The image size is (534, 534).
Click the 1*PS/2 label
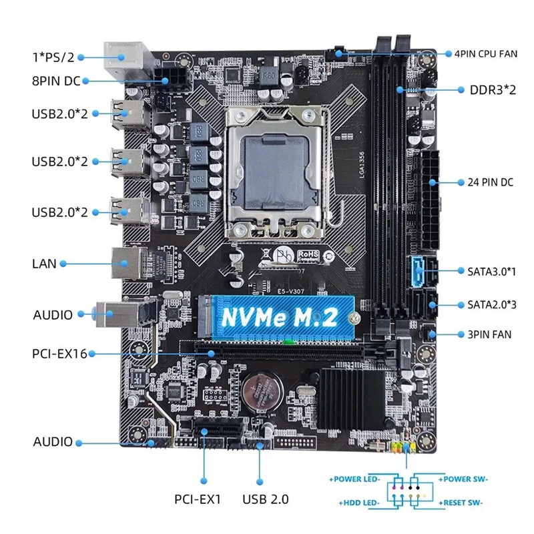click(53, 57)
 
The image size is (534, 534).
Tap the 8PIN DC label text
click(56, 81)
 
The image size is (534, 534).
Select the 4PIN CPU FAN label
click(486, 54)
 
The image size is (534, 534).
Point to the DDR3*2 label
click(493, 90)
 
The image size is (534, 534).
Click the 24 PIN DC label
click(490, 182)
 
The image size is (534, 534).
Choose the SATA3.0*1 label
click(491, 272)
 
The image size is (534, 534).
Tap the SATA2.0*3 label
click(492, 304)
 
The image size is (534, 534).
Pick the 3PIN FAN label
click(489, 334)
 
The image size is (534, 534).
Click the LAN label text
click(44, 264)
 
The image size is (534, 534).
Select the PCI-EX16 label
click(59, 354)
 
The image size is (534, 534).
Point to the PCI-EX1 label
click(198, 499)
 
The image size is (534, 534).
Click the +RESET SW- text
click(461, 503)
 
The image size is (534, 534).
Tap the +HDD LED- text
click(359, 503)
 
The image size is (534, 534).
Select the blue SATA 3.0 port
click(418, 272)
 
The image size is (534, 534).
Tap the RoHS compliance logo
click(308, 256)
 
